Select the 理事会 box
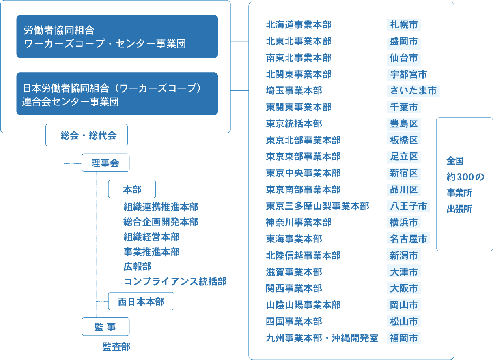point(105,163)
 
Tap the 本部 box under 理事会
point(132,189)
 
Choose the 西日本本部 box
point(141,302)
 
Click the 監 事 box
point(105,326)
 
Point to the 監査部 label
point(116,347)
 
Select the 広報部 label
point(137,266)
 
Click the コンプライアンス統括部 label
point(175,281)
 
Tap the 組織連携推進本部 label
point(161,207)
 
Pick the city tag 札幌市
point(403,25)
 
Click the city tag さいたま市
point(413,91)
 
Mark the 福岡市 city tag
point(403,338)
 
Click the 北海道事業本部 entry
point(299,25)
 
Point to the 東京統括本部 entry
point(294,124)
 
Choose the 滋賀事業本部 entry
point(294,272)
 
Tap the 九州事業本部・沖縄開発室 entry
point(322,338)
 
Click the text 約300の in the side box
point(465,177)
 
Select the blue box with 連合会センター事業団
point(117,94)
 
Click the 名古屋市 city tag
point(408,239)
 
